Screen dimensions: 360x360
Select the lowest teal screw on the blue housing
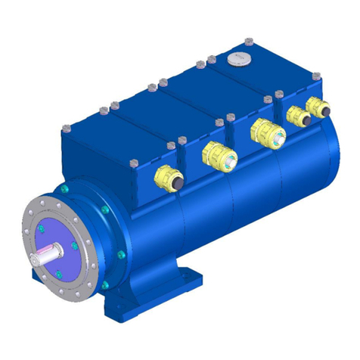coord(104,284)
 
